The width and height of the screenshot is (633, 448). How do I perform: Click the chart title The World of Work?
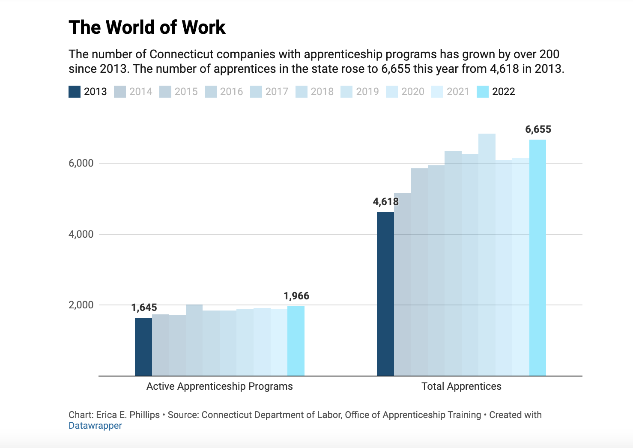click(x=147, y=27)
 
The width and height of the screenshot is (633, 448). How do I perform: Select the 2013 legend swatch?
click(x=75, y=92)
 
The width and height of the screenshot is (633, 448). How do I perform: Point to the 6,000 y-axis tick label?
click(x=81, y=163)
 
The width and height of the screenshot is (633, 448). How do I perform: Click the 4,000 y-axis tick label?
click(x=81, y=234)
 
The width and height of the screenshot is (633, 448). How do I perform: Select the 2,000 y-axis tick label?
click(x=81, y=305)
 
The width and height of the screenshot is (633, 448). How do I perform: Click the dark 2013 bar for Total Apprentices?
click(x=385, y=296)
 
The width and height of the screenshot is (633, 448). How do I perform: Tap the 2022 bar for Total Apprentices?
click(x=537, y=257)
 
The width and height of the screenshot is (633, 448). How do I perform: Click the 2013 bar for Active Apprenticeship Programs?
click(x=143, y=347)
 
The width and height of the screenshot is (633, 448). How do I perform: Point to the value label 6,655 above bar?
click(x=538, y=129)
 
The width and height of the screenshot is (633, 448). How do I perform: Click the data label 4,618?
click(x=385, y=202)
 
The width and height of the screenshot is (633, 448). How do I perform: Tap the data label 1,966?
click(x=296, y=296)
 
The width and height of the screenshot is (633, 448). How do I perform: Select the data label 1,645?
click(x=144, y=308)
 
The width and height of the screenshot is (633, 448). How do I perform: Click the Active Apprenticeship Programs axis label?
click(x=219, y=386)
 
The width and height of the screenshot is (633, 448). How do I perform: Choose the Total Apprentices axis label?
click(x=461, y=386)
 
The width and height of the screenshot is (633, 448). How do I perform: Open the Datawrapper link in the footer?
click(x=95, y=426)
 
